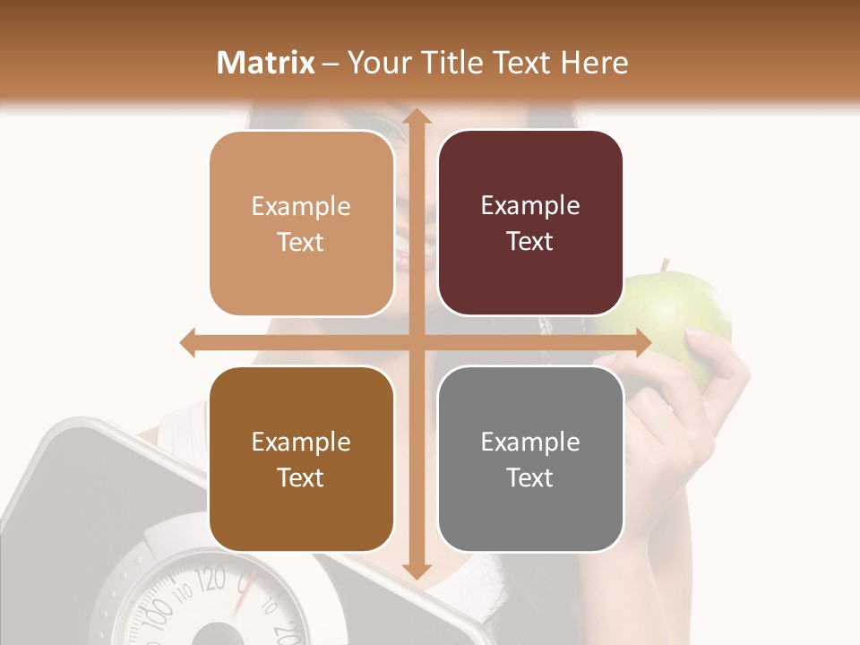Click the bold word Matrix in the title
266,63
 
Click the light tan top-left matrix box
301,224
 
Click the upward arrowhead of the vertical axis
416,117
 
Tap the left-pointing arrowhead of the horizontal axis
189,343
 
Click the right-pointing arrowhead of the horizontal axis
641,343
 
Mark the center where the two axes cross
416,343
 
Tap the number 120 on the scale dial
211,580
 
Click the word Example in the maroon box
530,206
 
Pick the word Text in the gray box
530,478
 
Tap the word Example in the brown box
301,443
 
